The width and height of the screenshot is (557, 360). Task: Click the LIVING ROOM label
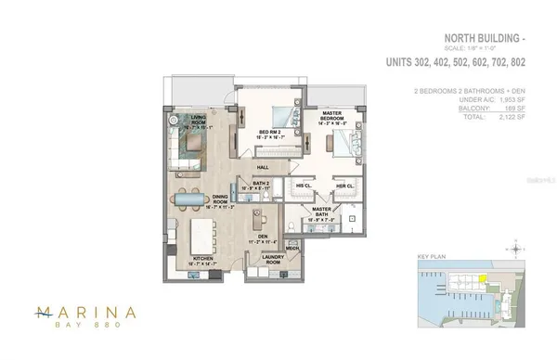click(x=199, y=119)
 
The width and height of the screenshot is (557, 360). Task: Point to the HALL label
click(x=263, y=168)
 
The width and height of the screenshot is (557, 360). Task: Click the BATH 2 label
click(x=260, y=186)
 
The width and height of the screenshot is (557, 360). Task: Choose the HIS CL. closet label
click(x=302, y=186)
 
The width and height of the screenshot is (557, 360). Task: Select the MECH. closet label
click(x=291, y=249)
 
